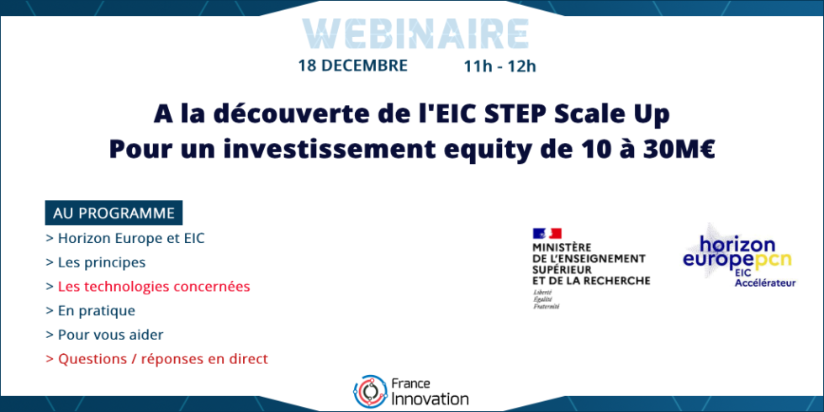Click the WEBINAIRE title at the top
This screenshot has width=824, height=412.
coord(411,32)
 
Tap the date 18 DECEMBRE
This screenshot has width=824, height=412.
coord(353,66)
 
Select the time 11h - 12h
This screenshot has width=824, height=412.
coord(499,66)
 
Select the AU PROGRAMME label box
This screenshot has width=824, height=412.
coord(114,214)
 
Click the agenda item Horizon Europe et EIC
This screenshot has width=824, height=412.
coord(125,239)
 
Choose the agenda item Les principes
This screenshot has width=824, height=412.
coord(96,262)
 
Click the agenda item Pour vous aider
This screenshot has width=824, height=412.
coord(104,335)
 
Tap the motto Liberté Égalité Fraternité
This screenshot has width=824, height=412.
coord(547,299)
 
